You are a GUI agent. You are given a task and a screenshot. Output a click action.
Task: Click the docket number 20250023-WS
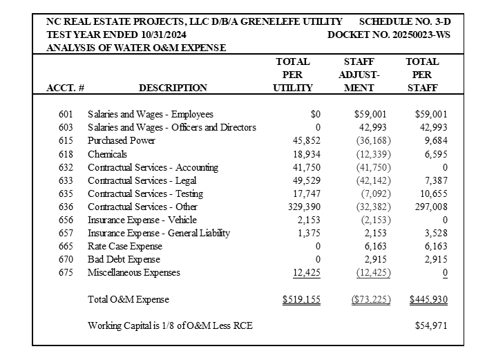click(389, 35)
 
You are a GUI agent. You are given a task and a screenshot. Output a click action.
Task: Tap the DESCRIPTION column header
click(173, 88)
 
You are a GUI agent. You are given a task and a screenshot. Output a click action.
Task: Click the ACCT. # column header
click(65, 88)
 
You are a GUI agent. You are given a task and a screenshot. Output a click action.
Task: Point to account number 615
click(66, 141)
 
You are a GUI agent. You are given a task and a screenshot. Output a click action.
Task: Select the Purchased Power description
click(122, 141)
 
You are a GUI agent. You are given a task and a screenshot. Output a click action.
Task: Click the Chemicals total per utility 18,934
click(298, 154)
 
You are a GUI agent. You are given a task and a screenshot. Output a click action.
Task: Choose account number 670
click(66, 260)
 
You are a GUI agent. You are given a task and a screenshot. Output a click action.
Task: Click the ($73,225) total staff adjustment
click(371, 300)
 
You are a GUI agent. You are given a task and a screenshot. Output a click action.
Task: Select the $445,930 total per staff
click(428, 300)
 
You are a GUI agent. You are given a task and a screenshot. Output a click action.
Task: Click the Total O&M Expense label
click(128, 300)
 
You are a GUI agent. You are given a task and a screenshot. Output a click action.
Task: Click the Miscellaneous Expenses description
click(134, 273)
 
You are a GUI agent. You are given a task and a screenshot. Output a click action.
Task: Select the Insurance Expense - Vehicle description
click(142, 220)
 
